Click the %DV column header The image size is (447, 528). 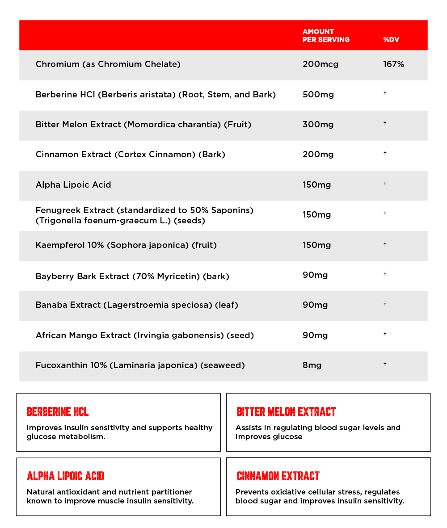[x=391, y=40]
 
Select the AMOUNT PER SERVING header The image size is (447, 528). [x=326, y=35]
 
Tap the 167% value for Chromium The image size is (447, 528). [x=393, y=64]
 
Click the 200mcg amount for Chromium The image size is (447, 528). [x=320, y=64]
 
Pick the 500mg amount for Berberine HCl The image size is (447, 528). [x=318, y=95]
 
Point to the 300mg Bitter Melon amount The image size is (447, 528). [x=318, y=125]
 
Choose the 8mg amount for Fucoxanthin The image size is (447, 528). [x=312, y=365]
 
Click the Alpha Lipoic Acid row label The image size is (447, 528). [x=73, y=185]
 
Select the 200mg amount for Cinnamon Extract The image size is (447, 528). [x=318, y=155]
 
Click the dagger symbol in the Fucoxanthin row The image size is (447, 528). [x=385, y=364]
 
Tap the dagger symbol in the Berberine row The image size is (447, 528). [x=385, y=93]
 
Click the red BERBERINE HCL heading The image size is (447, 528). [x=58, y=411]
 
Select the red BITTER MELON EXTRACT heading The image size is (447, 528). [x=286, y=411]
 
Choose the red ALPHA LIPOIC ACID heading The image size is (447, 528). [x=65, y=476]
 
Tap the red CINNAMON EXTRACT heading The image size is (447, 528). [x=278, y=476]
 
